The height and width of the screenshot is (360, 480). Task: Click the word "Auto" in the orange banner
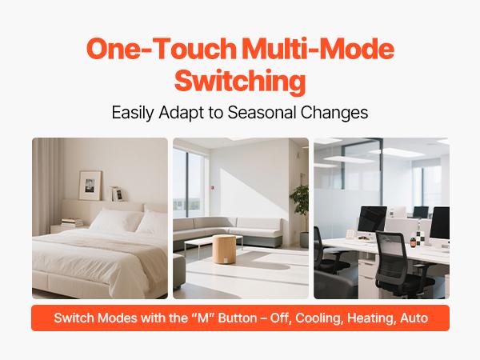click(414, 318)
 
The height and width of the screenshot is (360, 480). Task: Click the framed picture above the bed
click(90, 185)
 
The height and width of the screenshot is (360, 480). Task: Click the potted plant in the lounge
click(300, 204)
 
